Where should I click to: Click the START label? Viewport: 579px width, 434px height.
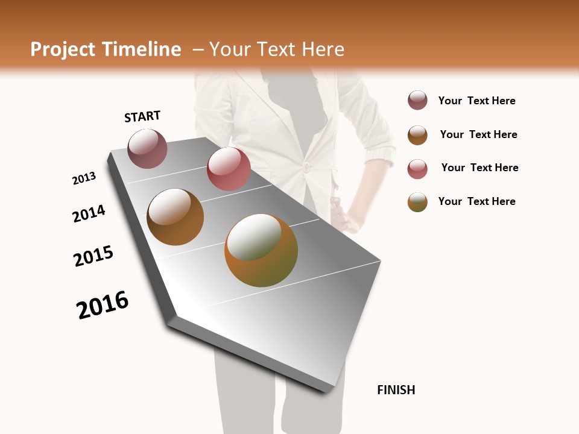click(142, 116)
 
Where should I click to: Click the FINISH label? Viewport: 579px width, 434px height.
click(396, 390)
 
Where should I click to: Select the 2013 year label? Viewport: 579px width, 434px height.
click(84, 178)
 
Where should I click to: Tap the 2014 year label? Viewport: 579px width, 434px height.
click(89, 213)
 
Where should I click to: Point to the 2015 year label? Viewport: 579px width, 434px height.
click(93, 256)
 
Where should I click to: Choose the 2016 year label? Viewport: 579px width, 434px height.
click(103, 305)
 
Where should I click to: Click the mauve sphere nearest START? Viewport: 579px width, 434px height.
click(148, 148)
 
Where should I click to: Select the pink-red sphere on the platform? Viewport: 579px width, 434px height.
click(229, 169)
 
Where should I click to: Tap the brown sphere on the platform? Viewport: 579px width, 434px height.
click(176, 217)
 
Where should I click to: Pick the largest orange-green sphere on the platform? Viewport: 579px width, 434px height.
click(261, 250)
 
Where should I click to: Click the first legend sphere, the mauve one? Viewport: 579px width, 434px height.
click(417, 101)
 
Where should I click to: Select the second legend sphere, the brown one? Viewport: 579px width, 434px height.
click(417, 135)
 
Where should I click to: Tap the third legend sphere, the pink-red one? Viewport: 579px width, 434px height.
click(417, 169)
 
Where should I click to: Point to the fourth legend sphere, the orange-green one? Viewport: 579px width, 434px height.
click(417, 202)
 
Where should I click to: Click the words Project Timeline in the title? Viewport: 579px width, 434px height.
click(106, 49)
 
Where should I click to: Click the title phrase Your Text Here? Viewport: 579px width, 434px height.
click(277, 49)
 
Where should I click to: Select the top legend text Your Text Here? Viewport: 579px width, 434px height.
click(476, 101)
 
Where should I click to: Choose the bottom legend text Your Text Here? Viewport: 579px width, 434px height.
click(476, 201)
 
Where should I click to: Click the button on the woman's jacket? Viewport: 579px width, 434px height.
click(306, 167)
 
